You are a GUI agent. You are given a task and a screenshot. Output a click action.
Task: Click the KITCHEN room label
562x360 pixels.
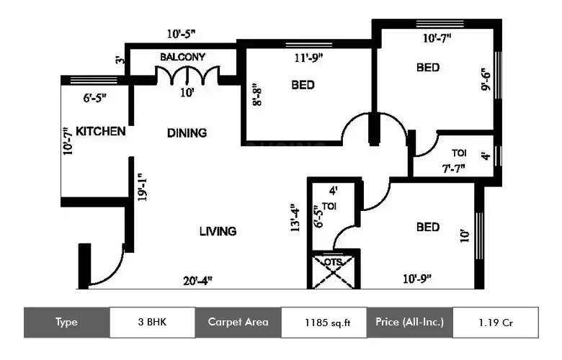[x=101, y=131]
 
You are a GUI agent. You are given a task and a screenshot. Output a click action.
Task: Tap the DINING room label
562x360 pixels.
[x=187, y=132]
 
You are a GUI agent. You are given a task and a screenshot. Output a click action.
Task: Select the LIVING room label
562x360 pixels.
[x=218, y=231]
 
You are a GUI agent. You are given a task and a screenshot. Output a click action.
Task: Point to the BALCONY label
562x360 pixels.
[x=182, y=57]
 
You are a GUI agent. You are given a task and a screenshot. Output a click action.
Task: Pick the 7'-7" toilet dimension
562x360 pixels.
[x=453, y=168]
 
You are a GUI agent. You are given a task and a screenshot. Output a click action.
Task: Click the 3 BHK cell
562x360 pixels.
[x=152, y=322]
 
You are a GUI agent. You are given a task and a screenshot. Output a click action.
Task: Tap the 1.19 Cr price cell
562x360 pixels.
[x=494, y=322]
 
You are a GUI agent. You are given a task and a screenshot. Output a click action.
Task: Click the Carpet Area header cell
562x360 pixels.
[x=238, y=322]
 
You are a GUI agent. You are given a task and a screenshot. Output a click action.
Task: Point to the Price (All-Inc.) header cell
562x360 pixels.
[x=409, y=322]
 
